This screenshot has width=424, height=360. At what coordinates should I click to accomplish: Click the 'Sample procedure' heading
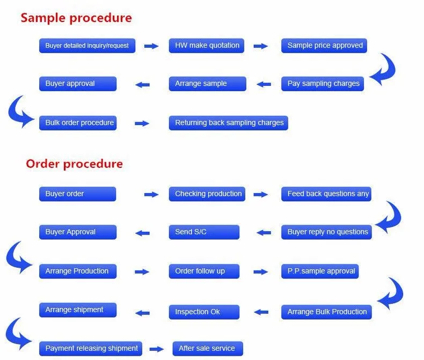click(76, 18)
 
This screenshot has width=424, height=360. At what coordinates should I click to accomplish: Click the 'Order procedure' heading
click(75, 164)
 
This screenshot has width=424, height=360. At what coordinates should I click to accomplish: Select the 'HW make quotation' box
click(207, 46)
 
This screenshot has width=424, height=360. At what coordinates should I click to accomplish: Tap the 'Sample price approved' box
click(324, 46)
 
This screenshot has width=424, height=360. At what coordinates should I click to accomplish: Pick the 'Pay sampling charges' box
click(323, 84)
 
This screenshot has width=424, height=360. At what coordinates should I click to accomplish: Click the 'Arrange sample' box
click(208, 84)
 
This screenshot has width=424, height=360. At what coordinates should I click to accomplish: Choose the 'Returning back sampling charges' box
click(229, 123)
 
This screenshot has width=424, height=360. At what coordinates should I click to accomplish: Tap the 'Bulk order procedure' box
click(78, 123)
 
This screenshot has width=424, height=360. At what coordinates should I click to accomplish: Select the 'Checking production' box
click(207, 194)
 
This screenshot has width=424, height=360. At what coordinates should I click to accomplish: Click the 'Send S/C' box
click(204, 232)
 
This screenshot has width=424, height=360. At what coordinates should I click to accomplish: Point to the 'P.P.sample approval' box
click(320, 271)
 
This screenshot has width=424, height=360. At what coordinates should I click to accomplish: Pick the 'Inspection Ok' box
click(204, 312)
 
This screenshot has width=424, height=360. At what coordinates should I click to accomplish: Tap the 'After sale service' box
click(208, 349)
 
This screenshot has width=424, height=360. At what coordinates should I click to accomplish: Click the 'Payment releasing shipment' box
click(91, 349)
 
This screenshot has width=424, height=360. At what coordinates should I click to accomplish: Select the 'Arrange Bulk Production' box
click(327, 312)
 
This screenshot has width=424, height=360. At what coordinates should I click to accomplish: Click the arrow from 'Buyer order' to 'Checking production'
click(151, 194)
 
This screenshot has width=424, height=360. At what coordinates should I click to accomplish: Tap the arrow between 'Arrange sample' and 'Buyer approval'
click(143, 85)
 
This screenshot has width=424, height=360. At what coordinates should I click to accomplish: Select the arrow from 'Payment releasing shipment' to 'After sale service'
click(157, 349)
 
